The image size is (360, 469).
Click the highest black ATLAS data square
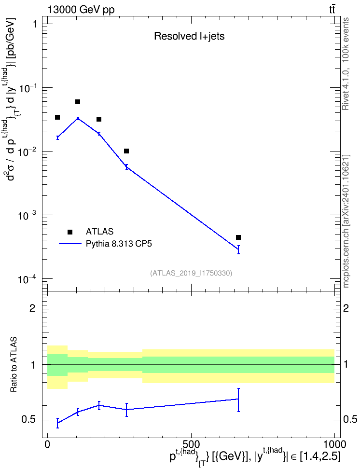pyautogui.click(x=78, y=102)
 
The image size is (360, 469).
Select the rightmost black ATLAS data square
pyautogui.click(x=238, y=237)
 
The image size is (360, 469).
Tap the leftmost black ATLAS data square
pyautogui.click(x=57, y=117)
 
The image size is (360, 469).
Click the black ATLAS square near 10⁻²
pyautogui.click(x=126, y=151)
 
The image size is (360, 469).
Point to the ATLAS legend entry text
pyautogui.click(x=99, y=232)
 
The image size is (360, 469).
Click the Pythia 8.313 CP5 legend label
pyautogui.click(x=119, y=244)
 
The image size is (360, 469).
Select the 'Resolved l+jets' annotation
pyautogui.click(x=189, y=36)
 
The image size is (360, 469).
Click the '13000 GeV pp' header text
pyautogui.click(x=81, y=10)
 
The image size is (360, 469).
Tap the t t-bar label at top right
pyautogui.click(x=332, y=10)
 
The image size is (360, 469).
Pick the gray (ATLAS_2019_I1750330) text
pyautogui.click(x=191, y=273)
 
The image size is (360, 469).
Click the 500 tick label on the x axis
pyautogui.click(x=191, y=444)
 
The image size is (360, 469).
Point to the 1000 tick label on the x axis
pyautogui.click(x=334, y=444)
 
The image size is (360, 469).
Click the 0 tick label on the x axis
pyautogui.click(x=47, y=444)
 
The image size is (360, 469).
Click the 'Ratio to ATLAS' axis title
pyautogui.click(x=14, y=365)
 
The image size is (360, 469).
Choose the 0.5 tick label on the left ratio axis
pyautogui.click(x=29, y=420)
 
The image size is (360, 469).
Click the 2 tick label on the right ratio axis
pyautogui.click(x=346, y=308)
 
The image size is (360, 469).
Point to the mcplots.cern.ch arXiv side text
pyautogui.click(x=346, y=221)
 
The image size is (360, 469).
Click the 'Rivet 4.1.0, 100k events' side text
pyautogui.click(x=346, y=64)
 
